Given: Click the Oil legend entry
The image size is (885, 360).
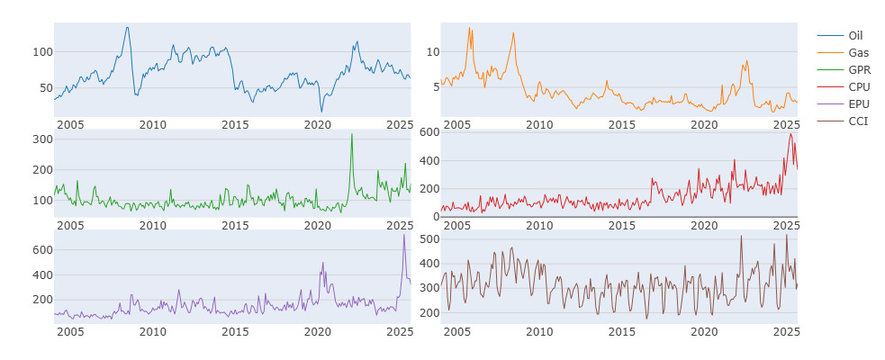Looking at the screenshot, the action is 839,35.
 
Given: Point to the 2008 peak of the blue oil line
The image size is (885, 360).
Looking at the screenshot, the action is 127,27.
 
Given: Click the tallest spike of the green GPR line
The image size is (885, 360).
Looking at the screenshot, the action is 352,134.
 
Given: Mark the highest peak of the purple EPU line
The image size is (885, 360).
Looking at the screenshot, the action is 404,235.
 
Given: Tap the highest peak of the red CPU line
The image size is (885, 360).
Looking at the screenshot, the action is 790,134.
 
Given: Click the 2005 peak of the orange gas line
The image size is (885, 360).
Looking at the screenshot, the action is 469,27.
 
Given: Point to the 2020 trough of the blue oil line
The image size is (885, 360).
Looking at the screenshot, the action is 321,112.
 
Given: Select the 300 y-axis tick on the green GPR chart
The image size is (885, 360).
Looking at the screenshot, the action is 45,139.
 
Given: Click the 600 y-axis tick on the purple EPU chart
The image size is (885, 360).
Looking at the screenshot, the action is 45,250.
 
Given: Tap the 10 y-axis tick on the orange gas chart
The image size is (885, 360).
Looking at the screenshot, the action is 433,52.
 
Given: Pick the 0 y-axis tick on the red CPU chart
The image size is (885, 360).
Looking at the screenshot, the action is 436,217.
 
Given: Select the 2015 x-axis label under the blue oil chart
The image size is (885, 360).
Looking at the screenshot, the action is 235,124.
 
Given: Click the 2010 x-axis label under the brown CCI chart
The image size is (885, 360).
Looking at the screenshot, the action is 539,331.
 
